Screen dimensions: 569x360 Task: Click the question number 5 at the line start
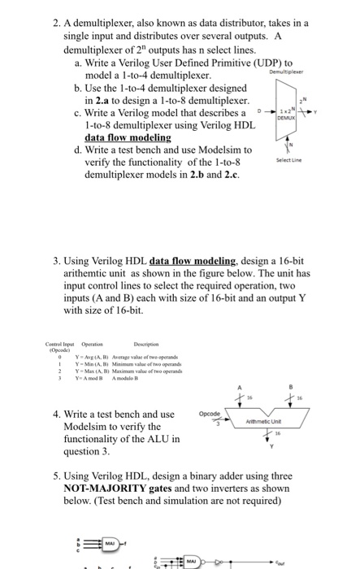[54, 476]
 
